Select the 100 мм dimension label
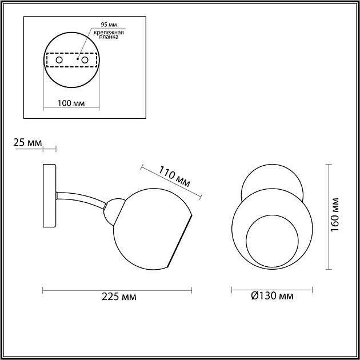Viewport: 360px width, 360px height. coord(71,103)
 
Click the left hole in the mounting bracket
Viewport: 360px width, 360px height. coord(58,59)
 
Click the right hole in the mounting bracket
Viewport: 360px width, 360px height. coord(85,59)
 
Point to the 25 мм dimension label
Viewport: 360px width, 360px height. coord(27,142)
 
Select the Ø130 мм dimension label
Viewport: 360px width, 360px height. coord(272,297)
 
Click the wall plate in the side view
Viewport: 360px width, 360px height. coord(49,195)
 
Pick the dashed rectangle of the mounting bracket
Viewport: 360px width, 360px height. coord(71,60)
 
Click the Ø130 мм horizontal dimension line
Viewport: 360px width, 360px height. coord(272,290)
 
